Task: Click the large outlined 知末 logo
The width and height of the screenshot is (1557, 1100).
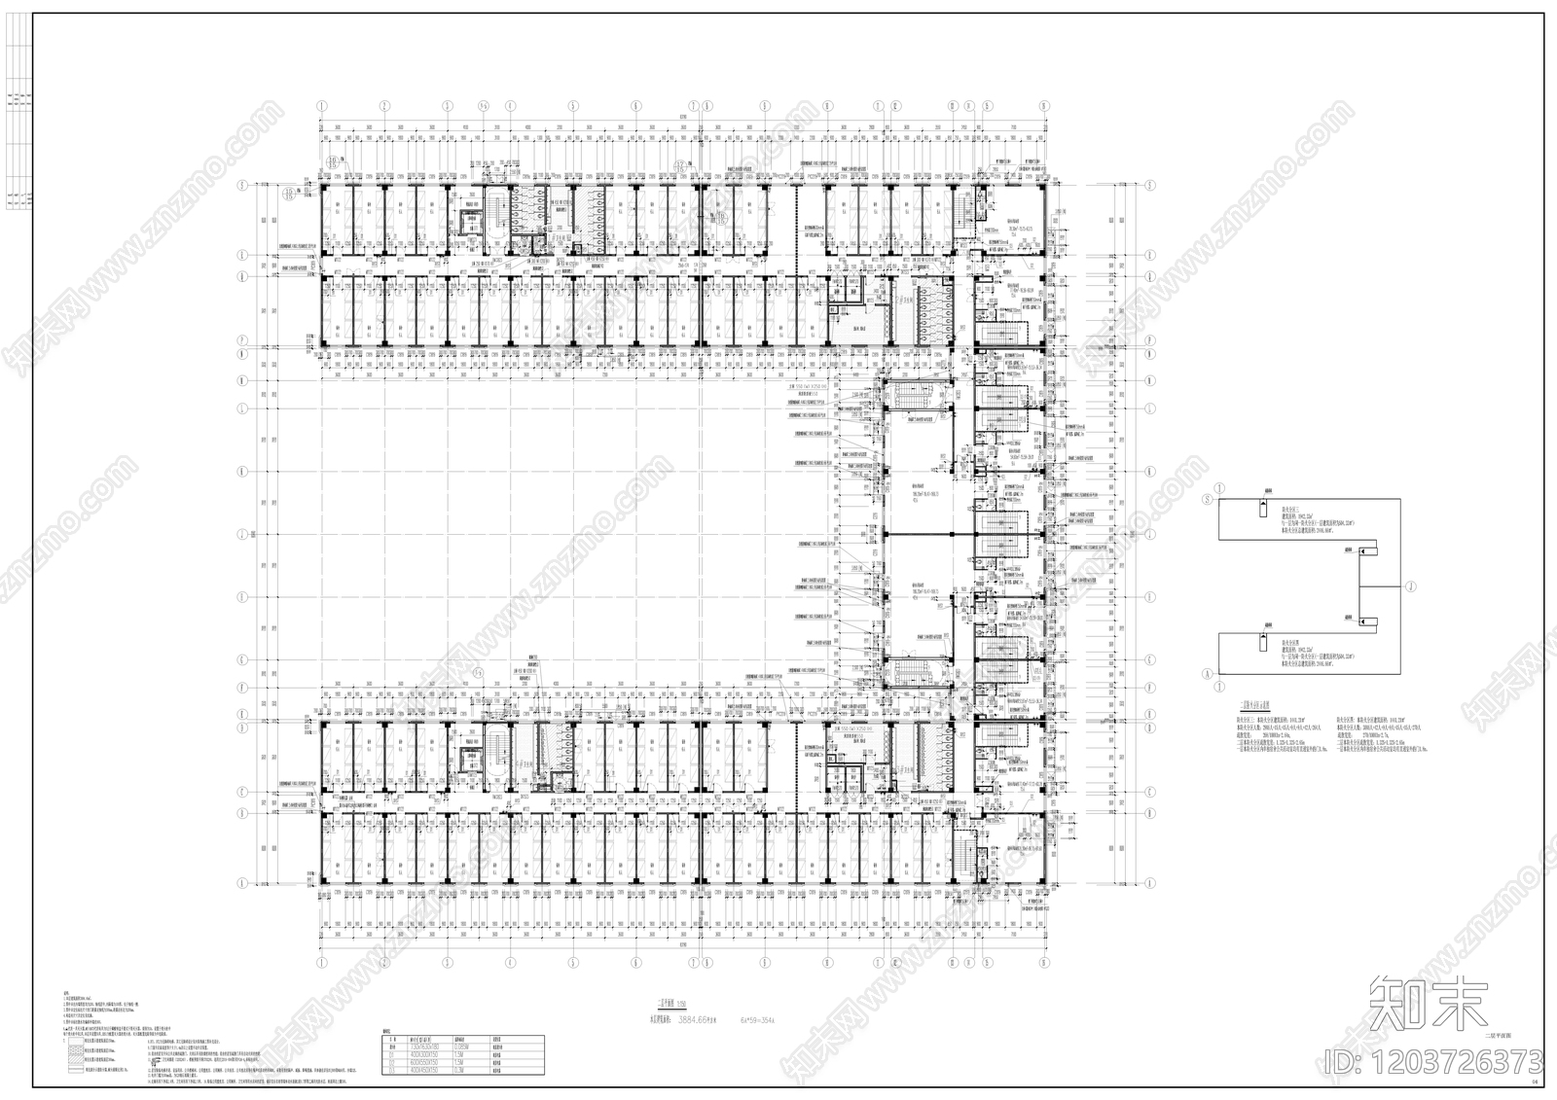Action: [x=1429, y=1001]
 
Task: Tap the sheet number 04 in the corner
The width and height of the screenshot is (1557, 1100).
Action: [x=1536, y=1081]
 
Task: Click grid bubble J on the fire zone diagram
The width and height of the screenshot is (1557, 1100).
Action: [x=1411, y=586]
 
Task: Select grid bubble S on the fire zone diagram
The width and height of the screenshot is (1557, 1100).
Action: [x=1208, y=499]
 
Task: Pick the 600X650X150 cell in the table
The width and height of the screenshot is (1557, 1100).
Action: [x=422, y=1062]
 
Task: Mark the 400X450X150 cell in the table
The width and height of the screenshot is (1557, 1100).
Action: [x=422, y=1071]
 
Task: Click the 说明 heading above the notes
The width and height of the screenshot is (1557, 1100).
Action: [x=66, y=994]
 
